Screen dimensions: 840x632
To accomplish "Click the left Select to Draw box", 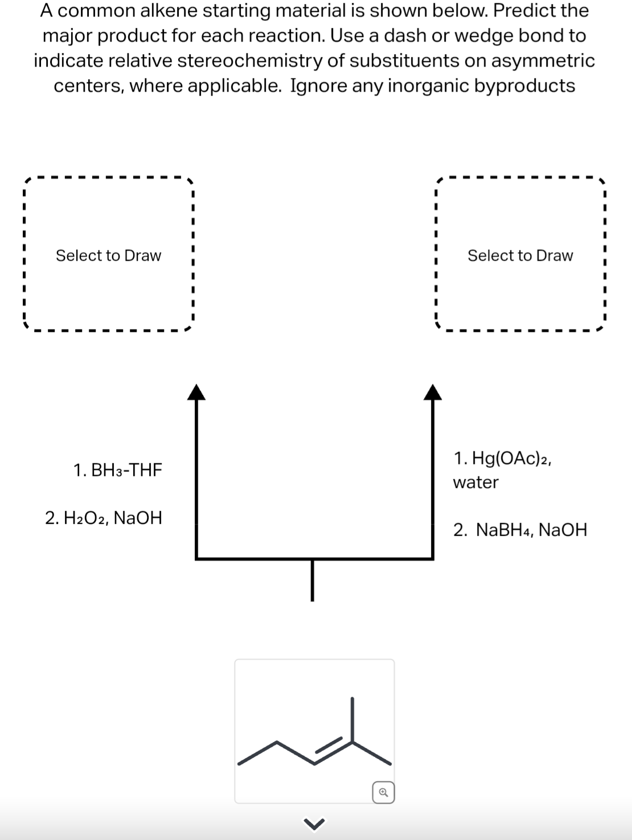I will click(108, 256).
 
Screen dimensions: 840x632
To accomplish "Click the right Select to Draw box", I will click(520, 256).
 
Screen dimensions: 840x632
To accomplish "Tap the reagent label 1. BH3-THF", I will click(118, 470).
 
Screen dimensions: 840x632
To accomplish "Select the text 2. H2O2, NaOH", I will click(104, 518).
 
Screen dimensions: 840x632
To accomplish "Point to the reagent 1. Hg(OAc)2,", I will click(503, 458).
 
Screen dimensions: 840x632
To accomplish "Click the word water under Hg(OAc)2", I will click(475, 483).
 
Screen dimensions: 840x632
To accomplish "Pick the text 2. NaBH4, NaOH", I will click(520, 530).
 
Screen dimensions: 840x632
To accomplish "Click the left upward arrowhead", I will click(196, 392).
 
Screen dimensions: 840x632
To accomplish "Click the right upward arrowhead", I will click(433, 392).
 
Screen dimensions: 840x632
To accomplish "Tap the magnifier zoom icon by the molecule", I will click(383, 792).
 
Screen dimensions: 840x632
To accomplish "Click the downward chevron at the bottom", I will click(315, 823).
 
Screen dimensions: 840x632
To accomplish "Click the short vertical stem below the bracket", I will click(312, 579).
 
